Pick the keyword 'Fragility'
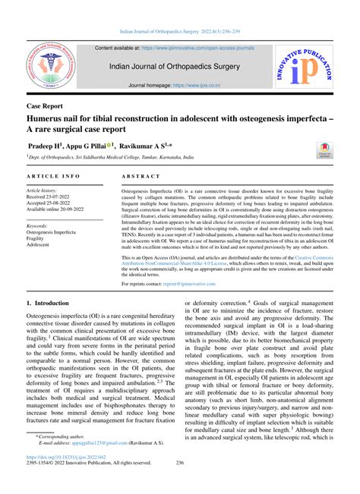coord(39,238)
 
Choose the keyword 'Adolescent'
coord(43,246)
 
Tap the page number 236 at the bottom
coord(180,463)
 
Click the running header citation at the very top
coord(180,32)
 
